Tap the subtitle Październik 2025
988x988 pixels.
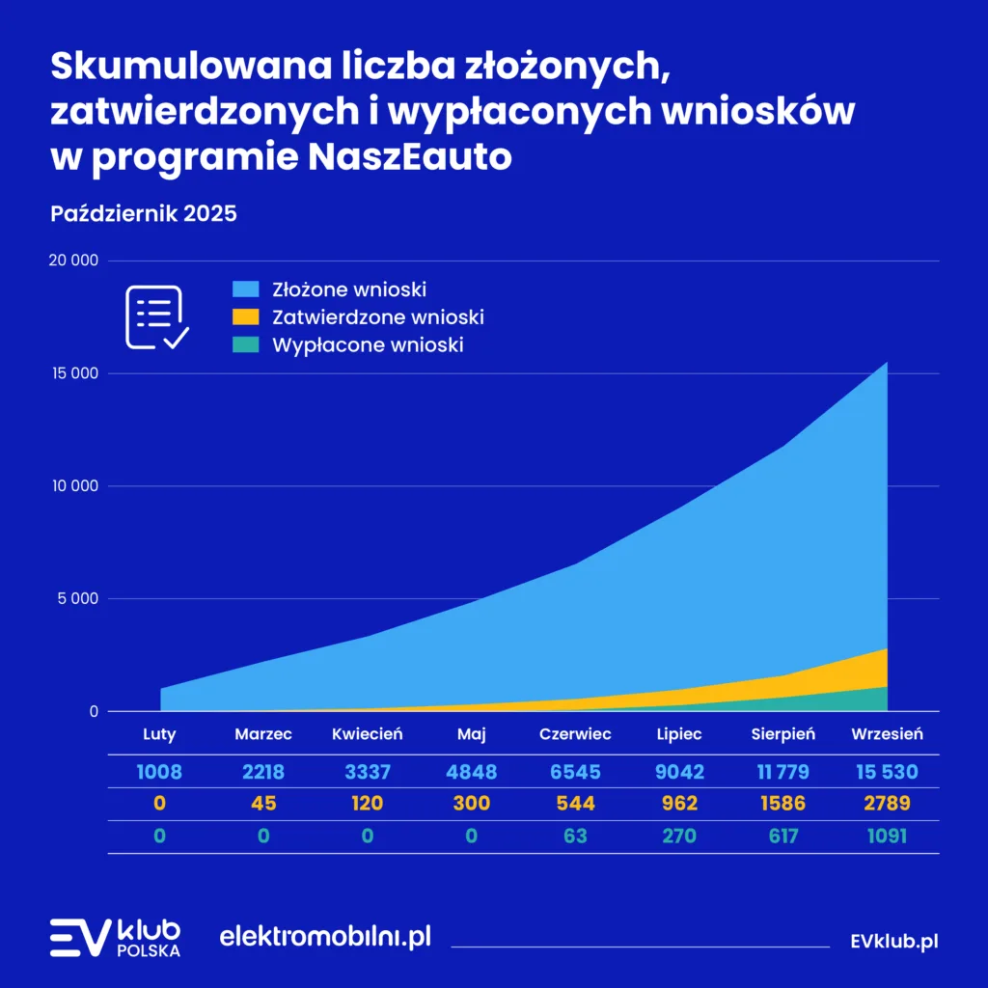point(143,213)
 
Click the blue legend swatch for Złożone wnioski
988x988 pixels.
point(246,288)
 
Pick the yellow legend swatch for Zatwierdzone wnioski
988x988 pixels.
point(246,316)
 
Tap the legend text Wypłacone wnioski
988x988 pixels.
point(368,344)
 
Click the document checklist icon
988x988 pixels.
point(157,316)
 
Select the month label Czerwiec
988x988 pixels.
point(575,734)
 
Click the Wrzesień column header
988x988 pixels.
point(887,734)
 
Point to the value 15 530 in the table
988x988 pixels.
point(887,772)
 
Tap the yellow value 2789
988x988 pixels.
point(887,803)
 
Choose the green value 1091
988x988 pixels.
point(887,836)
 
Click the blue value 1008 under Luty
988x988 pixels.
point(159,772)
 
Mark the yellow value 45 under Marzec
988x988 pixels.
point(263,803)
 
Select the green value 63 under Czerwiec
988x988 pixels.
point(575,836)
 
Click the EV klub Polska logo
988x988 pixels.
point(115,938)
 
